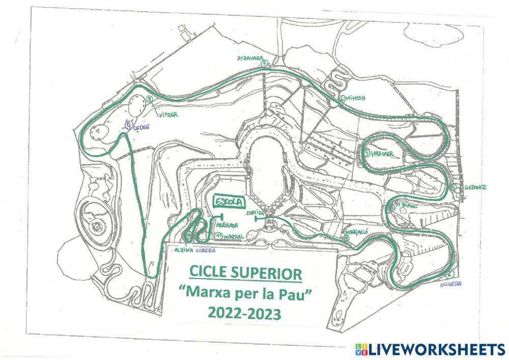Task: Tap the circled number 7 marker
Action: [264, 64]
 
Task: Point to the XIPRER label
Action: [167, 115]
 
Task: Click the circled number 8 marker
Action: [149, 99]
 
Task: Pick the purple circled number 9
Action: [129, 124]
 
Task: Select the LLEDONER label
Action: [474, 187]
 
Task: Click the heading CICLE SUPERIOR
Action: [245, 272]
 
